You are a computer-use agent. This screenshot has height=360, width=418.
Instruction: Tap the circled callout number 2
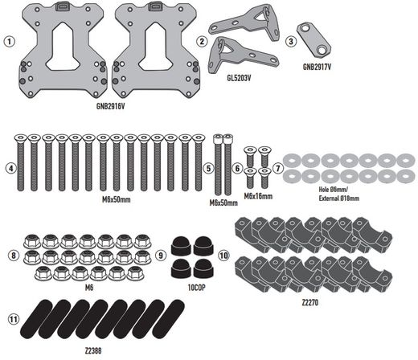[x=202, y=40]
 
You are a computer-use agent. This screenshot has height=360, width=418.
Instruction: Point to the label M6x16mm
[x=257, y=195]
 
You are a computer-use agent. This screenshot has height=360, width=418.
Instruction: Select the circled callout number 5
[x=207, y=168]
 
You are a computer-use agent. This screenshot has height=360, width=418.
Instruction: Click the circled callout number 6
[x=237, y=168]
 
